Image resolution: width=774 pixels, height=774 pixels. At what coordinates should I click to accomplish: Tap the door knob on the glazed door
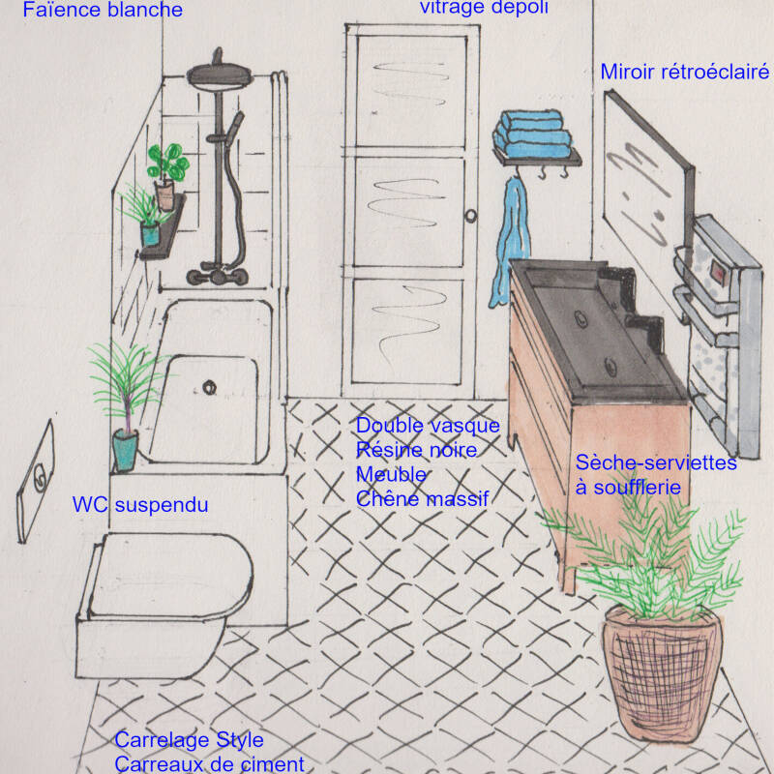pos(470,216)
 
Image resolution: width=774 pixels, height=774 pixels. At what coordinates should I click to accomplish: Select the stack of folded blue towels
pos(532,135)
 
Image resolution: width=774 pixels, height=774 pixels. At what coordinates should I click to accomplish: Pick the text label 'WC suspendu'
pos(140,505)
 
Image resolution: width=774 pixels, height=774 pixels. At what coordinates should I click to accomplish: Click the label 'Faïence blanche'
pos(103,11)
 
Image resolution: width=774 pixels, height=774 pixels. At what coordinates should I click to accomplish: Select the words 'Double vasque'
pos(428,426)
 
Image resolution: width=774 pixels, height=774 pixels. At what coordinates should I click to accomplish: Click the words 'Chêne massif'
pos(422,499)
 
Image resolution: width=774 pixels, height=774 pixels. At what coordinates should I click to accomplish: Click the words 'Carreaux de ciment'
pos(209,763)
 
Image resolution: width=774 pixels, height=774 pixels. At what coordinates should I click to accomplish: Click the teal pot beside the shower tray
pos(125,449)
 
